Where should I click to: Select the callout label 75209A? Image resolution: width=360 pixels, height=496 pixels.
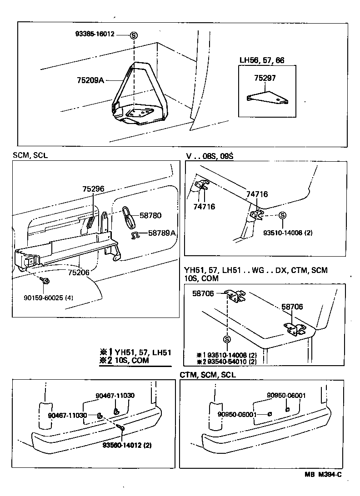pyautogui.click(x=90, y=80)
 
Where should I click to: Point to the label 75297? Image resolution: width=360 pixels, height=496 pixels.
pyautogui.click(x=265, y=78)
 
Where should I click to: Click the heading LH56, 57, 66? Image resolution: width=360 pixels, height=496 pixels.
pyautogui.click(x=262, y=60)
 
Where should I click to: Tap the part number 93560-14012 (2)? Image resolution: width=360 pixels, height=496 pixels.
pyautogui.click(x=127, y=445)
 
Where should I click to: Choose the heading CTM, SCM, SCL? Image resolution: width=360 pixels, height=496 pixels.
pyautogui.click(x=207, y=375)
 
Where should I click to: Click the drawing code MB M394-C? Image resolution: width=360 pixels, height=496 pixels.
pyautogui.click(x=323, y=475)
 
